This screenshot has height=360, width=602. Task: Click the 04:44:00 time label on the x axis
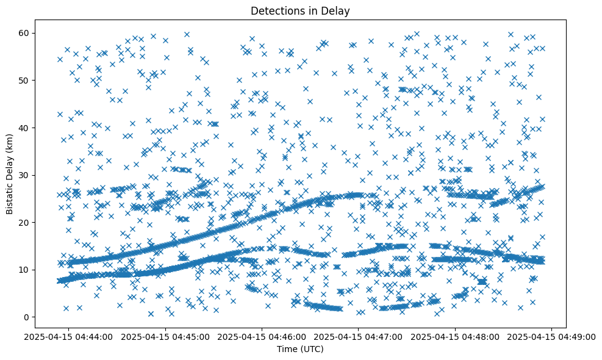[x=68, y=336]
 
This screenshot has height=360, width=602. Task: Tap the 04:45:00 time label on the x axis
[x=165, y=336]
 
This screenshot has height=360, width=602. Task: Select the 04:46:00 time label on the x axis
[x=262, y=336]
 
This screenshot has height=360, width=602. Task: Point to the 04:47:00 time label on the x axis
[x=358, y=336]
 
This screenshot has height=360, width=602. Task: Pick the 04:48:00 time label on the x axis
[x=455, y=336]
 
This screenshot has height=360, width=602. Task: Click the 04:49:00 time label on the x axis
[x=551, y=336]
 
